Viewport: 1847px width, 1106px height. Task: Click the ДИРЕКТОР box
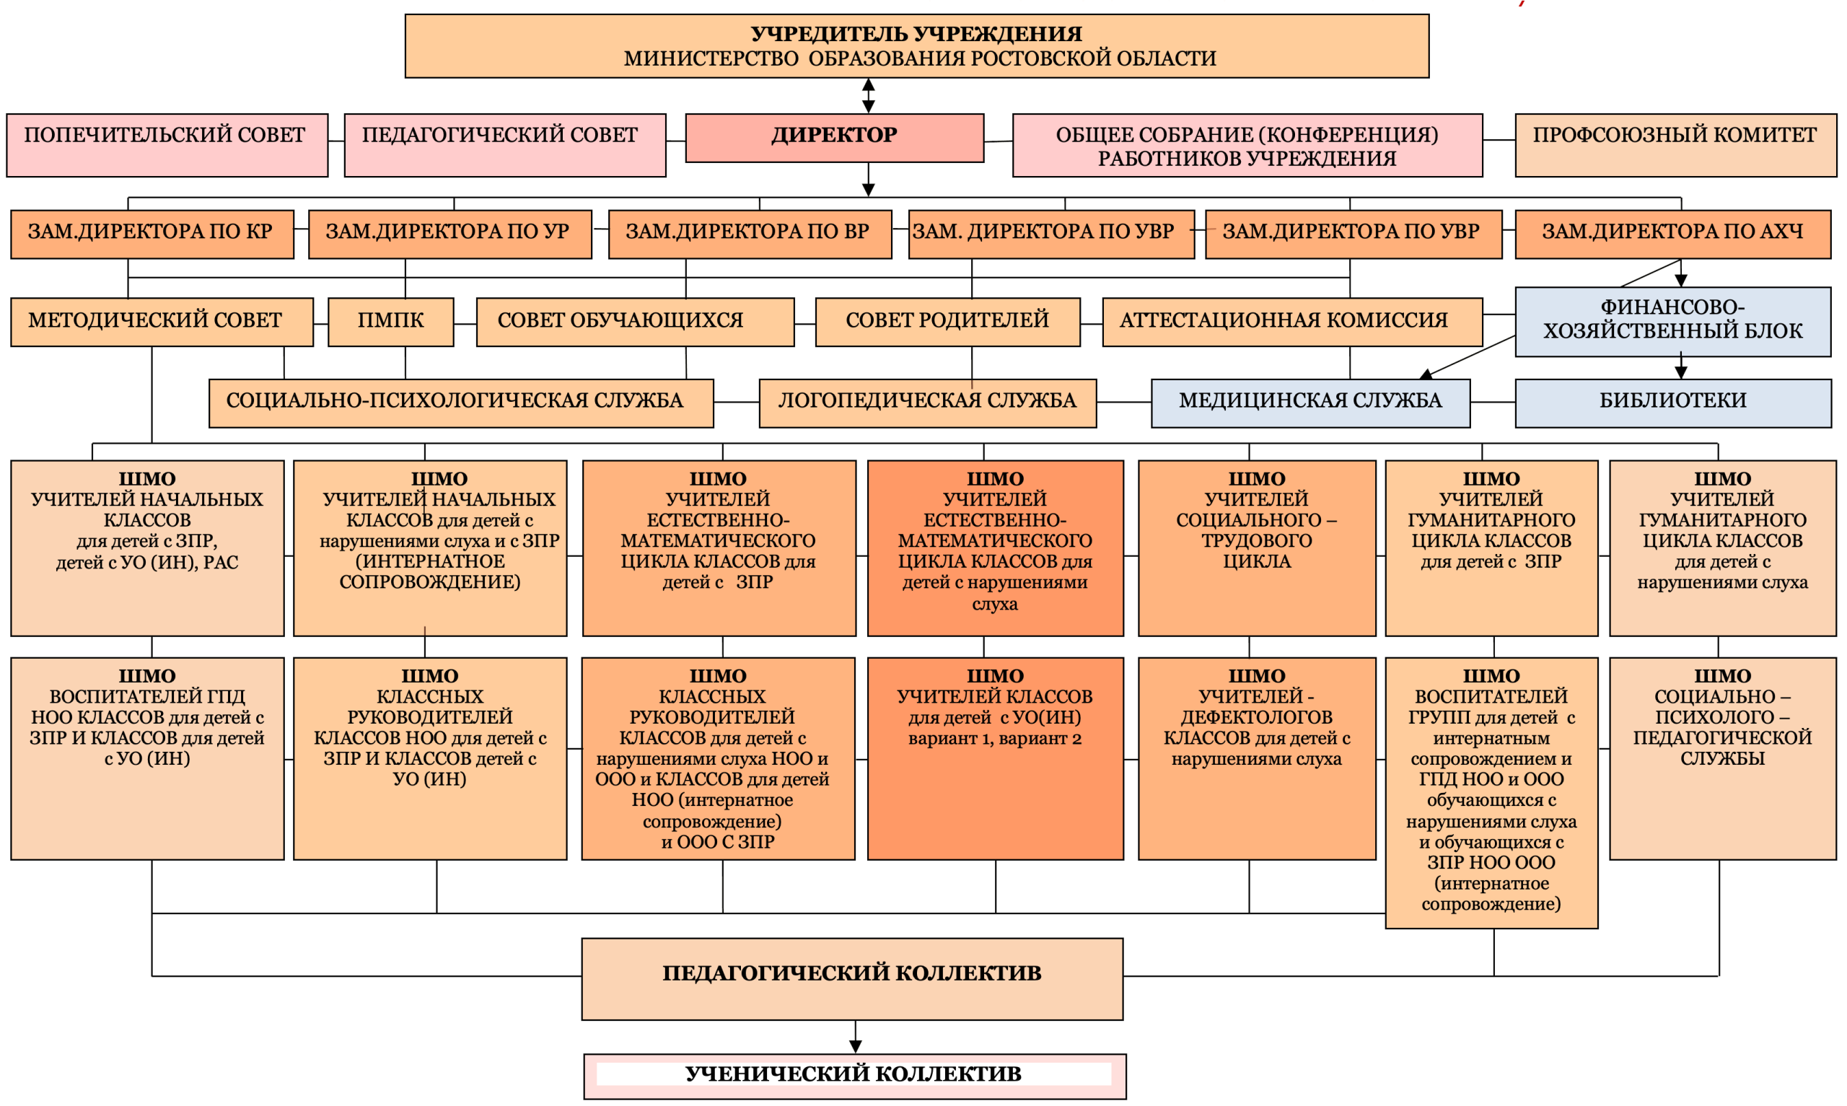[834, 137]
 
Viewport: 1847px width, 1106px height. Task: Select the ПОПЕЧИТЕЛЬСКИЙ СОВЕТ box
[167, 144]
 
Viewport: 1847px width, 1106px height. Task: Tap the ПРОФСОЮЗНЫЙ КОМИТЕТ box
[1675, 144]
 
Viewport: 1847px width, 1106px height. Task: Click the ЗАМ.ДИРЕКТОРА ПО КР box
[152, 234]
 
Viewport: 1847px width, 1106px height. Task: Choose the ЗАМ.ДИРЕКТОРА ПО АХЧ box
[1672, 234]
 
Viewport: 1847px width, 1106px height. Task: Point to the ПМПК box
[390, 321]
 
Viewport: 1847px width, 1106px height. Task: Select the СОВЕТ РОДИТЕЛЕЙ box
[947, 321]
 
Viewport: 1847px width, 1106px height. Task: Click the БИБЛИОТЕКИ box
[1672, 403]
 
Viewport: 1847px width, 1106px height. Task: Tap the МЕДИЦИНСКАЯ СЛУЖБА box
[1309, 403]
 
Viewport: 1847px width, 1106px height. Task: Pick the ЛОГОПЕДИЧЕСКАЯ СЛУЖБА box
[927, 403]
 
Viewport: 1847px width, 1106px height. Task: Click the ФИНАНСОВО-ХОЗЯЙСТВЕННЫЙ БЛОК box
[1672, 320]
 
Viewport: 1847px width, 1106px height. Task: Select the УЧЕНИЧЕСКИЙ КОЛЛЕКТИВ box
[854, 1075]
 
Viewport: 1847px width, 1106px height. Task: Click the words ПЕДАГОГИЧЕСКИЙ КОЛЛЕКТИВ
[851, 973]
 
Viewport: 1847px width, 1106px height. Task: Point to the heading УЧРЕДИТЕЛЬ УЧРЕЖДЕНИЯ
[916, 33]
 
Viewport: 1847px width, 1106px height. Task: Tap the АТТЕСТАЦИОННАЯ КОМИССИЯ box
[1291, 321]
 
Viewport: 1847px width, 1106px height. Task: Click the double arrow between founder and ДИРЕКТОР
[868, 95]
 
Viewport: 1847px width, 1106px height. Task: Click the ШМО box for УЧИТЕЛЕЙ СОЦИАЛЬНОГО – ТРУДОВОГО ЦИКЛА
[1256, 548]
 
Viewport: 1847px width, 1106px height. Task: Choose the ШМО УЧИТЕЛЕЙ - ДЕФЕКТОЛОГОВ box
[1256, 758]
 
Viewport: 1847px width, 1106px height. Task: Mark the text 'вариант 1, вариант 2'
[995, 739]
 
